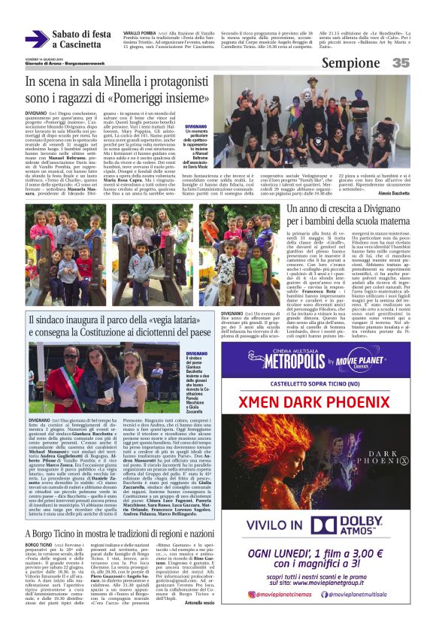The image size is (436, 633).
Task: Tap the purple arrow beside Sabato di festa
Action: click(x=37, y=39)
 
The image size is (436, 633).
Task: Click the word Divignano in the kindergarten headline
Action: click(x=367, y=217)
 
